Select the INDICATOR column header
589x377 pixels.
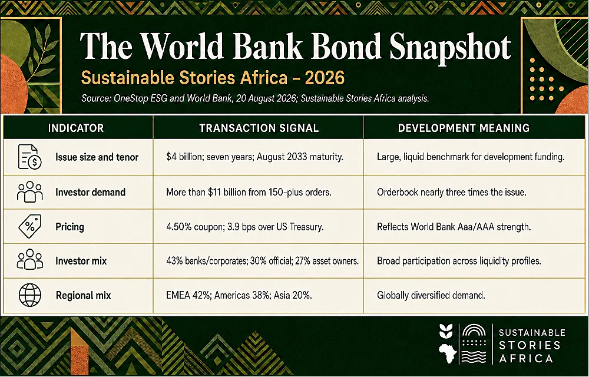point(76,128)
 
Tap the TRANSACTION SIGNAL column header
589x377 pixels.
point(259,128)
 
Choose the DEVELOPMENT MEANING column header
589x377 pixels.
point(464,128)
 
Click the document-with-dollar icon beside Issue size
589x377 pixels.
point(29,157)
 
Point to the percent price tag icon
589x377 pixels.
point(29,226)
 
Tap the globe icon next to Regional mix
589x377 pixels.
point(29,295)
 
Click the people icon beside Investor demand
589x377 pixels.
point(29,192)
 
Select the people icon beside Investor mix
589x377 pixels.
point(29,260)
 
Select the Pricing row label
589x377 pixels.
point(70,227)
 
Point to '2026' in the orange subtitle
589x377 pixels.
point(325,78)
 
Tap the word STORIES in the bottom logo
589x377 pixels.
point(530,345)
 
